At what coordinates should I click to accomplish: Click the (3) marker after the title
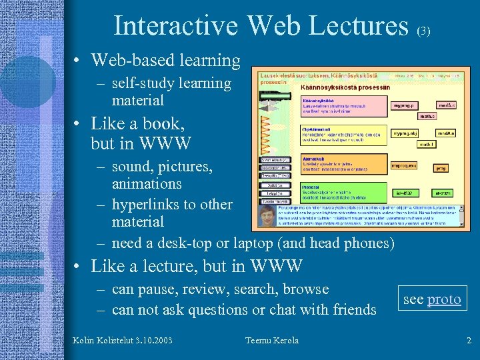424,31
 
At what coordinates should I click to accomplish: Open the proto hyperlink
444,299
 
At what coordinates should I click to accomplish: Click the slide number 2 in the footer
469,341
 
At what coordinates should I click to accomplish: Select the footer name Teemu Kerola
272,341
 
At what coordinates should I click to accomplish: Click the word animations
147,183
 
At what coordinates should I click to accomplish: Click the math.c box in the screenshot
427,116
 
